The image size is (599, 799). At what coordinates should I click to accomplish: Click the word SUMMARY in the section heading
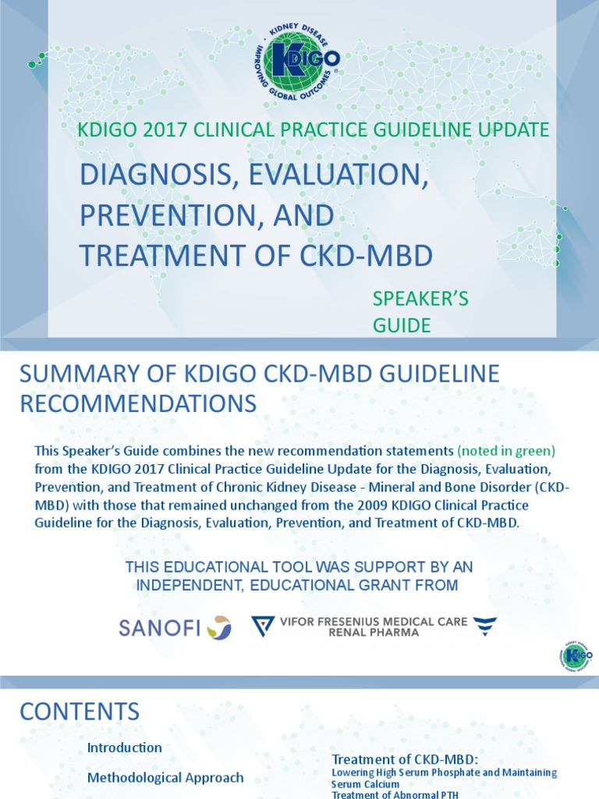click(x=73, y=374)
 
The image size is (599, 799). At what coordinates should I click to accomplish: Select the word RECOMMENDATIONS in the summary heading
click(x=137, y=403)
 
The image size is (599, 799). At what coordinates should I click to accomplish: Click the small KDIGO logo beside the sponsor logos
click(x=576, y=654)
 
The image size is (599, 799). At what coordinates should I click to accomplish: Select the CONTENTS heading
click(x=80, y=712)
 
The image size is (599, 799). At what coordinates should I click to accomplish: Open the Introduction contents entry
click(x=125, y=748)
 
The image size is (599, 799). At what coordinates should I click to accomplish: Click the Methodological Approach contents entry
click(x=165, y=777)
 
